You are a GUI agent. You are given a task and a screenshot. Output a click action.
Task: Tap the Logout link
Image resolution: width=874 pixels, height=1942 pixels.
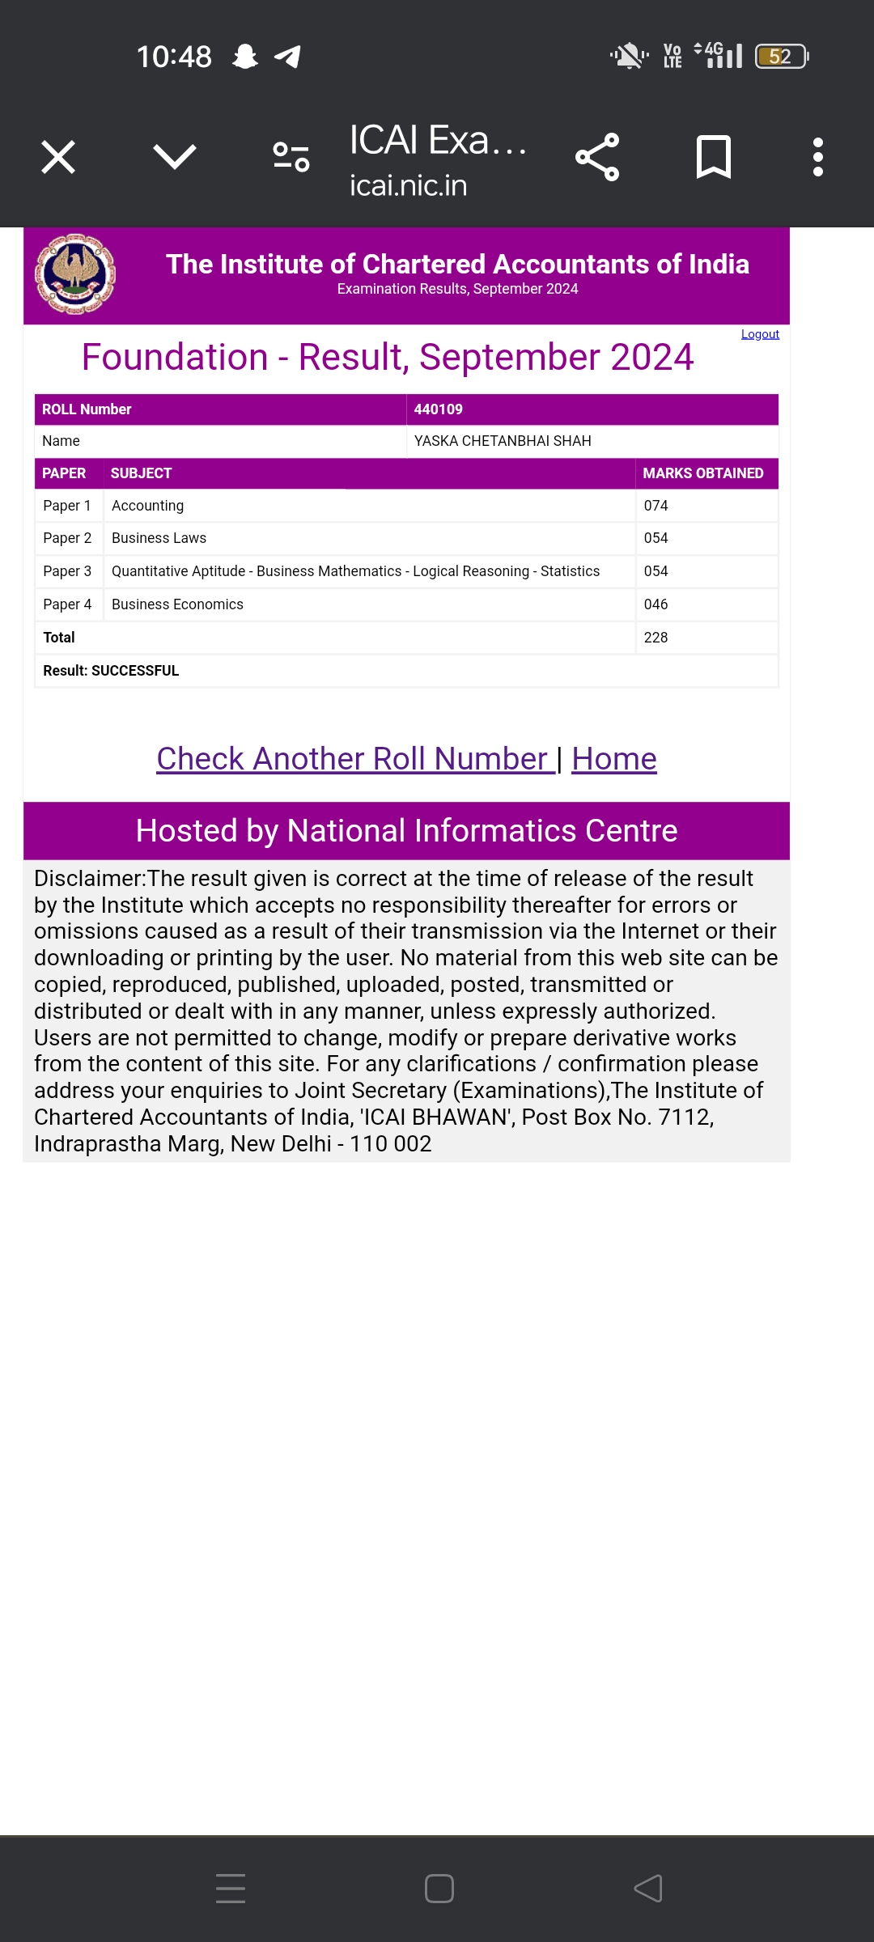tap(760, 334)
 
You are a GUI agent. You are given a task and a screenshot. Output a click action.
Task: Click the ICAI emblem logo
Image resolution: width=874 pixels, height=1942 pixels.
tap(74, 273)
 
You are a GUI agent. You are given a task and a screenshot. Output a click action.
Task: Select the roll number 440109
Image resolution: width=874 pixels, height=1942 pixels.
tap(438, 409)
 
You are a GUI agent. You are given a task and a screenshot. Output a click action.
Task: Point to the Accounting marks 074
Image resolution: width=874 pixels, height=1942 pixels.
tap(655, 506)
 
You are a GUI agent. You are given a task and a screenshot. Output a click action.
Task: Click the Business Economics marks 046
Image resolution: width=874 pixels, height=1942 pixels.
tap(655, 604)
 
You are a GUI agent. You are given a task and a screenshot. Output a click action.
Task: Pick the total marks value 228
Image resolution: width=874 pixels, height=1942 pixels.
tap(655, 638)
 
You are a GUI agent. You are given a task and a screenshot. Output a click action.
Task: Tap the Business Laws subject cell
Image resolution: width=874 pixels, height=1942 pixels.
tap(159, 538)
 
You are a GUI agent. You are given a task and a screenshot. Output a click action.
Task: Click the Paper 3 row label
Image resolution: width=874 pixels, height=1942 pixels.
tap(67, 571)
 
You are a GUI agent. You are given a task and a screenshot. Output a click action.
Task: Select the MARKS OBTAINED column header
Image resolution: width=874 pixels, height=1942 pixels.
tap(702, 473)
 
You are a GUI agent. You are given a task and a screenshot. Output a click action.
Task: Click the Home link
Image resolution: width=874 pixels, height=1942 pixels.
tap(613, 759)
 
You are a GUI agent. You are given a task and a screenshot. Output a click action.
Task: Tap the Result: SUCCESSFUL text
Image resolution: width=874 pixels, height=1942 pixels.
tap(111, 671)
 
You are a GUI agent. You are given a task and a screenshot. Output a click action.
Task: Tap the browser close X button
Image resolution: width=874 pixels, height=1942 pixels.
tap(58, 157)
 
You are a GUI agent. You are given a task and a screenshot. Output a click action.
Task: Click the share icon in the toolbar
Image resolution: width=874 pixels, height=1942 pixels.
tap(597, 157)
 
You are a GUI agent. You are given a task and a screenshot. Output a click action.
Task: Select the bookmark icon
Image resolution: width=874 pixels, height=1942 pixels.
tap(713, 157)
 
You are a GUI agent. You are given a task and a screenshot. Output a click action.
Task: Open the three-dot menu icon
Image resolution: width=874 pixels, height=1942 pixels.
tap(817, 157)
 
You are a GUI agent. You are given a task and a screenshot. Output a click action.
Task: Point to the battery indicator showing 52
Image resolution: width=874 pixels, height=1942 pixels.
tap(781, 57)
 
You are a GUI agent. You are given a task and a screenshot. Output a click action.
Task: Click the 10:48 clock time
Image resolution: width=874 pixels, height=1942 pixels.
tap(174, 57)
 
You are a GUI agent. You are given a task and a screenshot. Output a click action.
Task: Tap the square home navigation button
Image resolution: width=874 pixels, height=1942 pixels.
tap(439, 1889)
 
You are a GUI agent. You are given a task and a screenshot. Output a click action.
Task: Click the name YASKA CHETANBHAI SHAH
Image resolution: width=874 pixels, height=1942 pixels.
tap(503, 441)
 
